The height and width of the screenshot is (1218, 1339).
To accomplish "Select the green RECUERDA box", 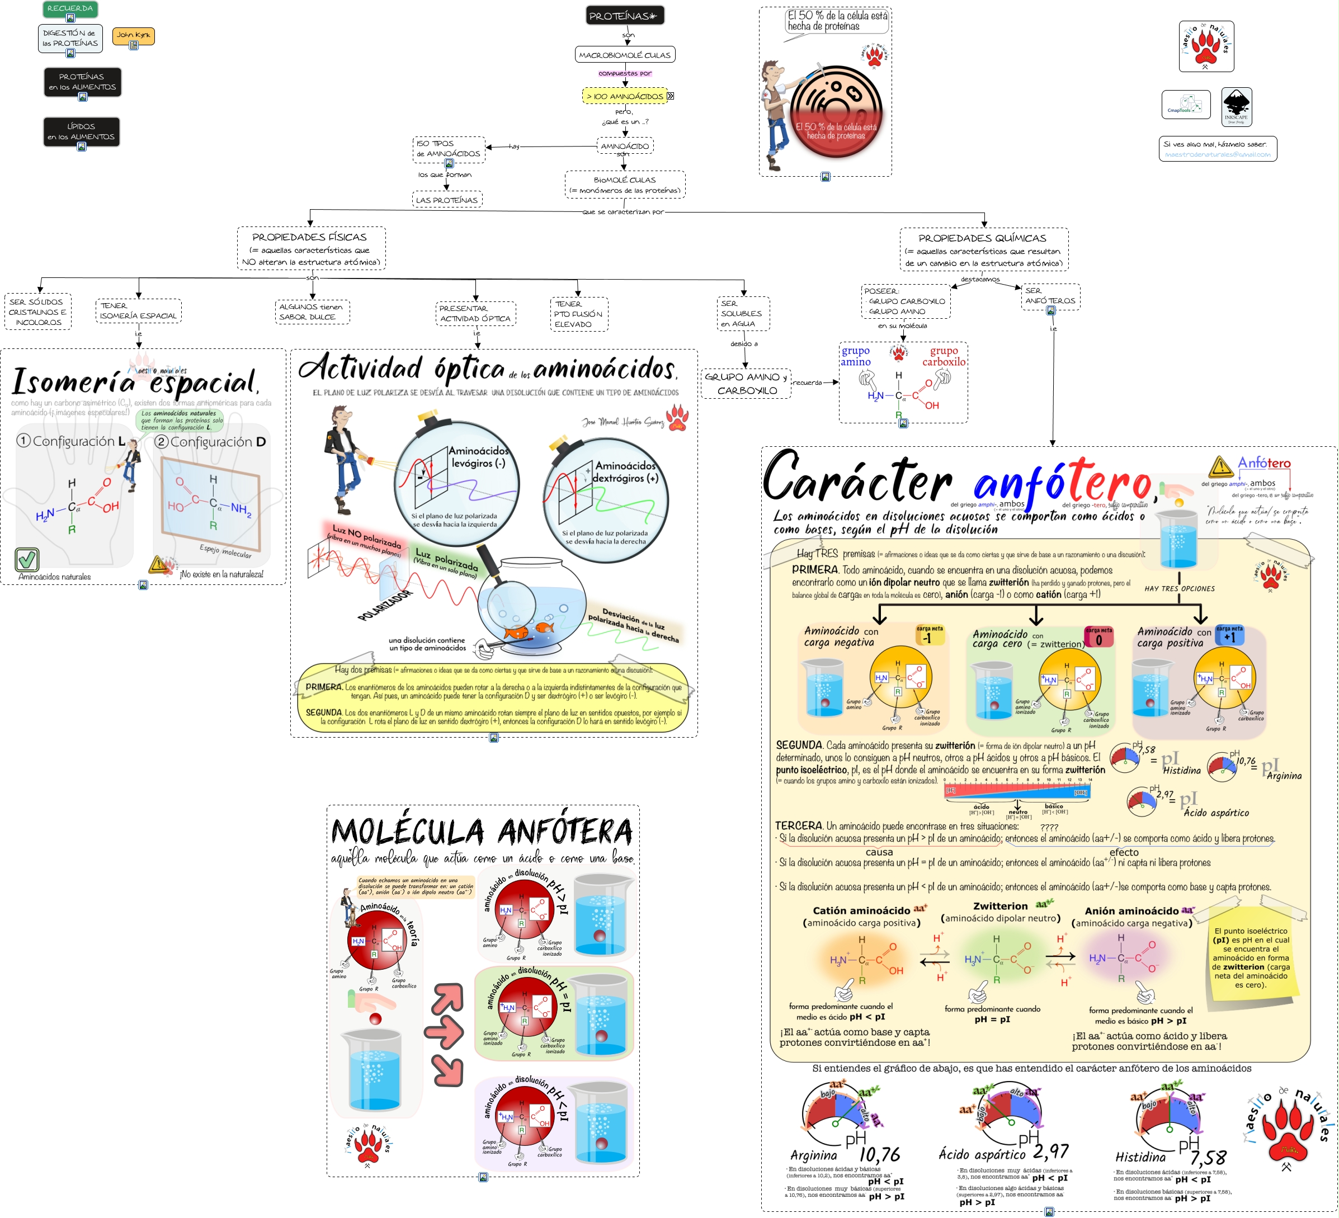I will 70,8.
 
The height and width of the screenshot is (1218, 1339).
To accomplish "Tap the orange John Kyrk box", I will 134,35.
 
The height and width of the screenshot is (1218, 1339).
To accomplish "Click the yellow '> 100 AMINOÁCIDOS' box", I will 624,96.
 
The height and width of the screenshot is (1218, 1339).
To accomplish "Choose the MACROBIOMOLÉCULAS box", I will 624,55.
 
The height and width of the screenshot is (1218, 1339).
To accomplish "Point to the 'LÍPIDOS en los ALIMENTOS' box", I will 81,131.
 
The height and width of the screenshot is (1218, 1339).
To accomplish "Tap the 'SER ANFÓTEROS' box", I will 1050,296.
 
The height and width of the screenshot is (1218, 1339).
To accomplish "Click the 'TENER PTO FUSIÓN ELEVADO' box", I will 578,314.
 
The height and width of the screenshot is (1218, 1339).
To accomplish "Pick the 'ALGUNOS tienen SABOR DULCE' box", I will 312,311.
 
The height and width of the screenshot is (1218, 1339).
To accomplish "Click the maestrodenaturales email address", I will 1217,155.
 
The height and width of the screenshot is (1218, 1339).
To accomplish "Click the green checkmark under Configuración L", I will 27,560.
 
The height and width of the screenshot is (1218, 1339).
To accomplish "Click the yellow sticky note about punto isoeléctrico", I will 1251,957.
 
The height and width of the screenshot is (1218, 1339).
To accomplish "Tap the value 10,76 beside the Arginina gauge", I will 879,1155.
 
